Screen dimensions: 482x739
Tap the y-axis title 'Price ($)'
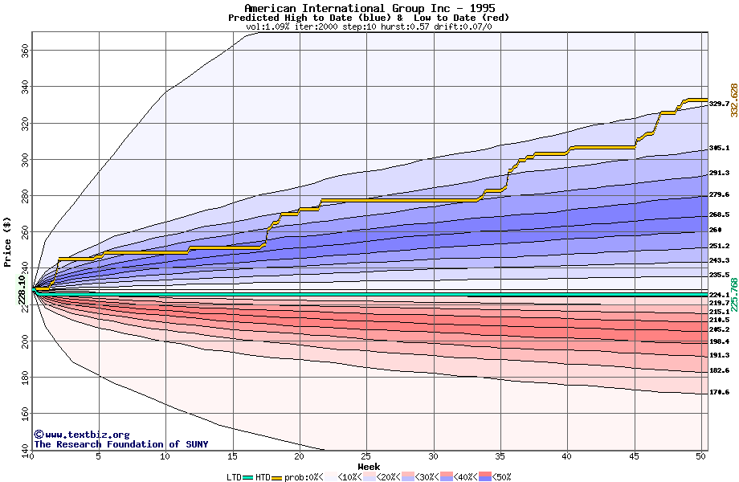(x=8, y=241)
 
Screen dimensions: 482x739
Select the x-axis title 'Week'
(x=369, y=466)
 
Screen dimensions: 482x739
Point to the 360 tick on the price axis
(x=24, y=50)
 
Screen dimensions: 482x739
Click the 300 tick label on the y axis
(x=24, y=159)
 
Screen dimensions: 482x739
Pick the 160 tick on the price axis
(x=24, y=414)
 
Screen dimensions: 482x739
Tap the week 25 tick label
(x=366, y=456)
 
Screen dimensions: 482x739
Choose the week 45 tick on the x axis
(x=635, y=456)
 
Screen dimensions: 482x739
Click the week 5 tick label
(x=99, y=456)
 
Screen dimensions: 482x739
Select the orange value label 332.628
(x=733, y=100)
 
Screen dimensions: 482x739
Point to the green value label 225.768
(x=733, y=295)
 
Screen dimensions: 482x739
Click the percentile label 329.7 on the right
(x=719, y=104)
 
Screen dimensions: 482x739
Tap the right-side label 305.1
(x=719, y=149)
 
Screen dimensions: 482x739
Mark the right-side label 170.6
(x=719, y=393)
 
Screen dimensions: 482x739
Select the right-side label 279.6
(x=719, y=195)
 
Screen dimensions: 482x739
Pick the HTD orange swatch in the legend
(x=277, y=477)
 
